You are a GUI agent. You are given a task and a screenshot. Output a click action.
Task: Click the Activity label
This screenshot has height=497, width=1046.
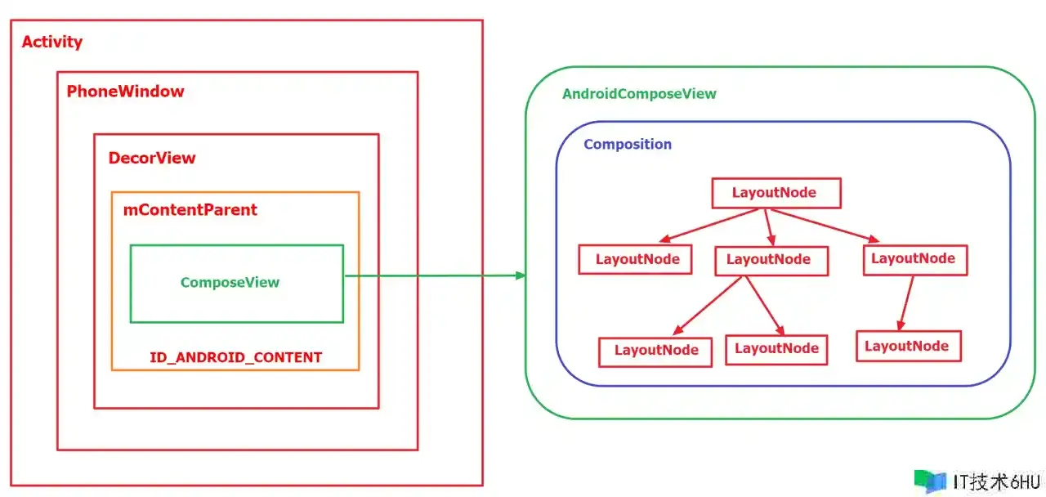[51, 42]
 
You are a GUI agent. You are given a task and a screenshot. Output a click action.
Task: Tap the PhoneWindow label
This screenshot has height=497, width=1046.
[125, 91]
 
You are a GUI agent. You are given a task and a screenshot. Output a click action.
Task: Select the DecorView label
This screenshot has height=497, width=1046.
[152, 158]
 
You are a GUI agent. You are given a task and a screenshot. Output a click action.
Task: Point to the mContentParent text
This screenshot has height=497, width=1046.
[190, 210]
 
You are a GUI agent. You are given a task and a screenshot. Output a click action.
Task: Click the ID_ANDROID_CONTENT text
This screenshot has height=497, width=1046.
[236, 357]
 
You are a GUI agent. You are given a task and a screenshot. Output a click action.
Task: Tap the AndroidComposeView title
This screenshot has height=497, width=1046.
[639, 94]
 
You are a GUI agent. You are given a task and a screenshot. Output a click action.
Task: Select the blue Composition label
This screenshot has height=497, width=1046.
[628, 145]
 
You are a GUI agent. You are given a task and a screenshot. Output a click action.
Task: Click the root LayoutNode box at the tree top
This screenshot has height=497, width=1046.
[776, 193]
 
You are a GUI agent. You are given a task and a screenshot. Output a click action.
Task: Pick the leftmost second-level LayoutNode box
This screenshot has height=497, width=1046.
[635, 259]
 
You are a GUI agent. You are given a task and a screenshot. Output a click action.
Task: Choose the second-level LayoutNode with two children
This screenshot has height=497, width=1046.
[771, 261]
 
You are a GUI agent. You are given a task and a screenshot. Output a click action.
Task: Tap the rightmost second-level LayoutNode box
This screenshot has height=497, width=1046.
[915, 260]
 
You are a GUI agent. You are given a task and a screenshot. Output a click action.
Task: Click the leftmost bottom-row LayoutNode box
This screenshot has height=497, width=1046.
[655, 351]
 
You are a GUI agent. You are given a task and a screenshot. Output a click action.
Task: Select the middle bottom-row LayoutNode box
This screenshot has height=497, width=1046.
[776, 349]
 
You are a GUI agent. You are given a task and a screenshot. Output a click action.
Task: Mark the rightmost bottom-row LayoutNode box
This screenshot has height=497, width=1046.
[908, 346]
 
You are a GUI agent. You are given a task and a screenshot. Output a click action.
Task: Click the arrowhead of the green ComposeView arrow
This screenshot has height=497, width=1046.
[521, 275]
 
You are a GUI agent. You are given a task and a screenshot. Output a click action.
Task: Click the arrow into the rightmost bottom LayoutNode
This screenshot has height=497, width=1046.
[906, 303]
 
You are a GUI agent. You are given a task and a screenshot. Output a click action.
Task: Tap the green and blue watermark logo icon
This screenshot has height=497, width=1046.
[930, 481]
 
